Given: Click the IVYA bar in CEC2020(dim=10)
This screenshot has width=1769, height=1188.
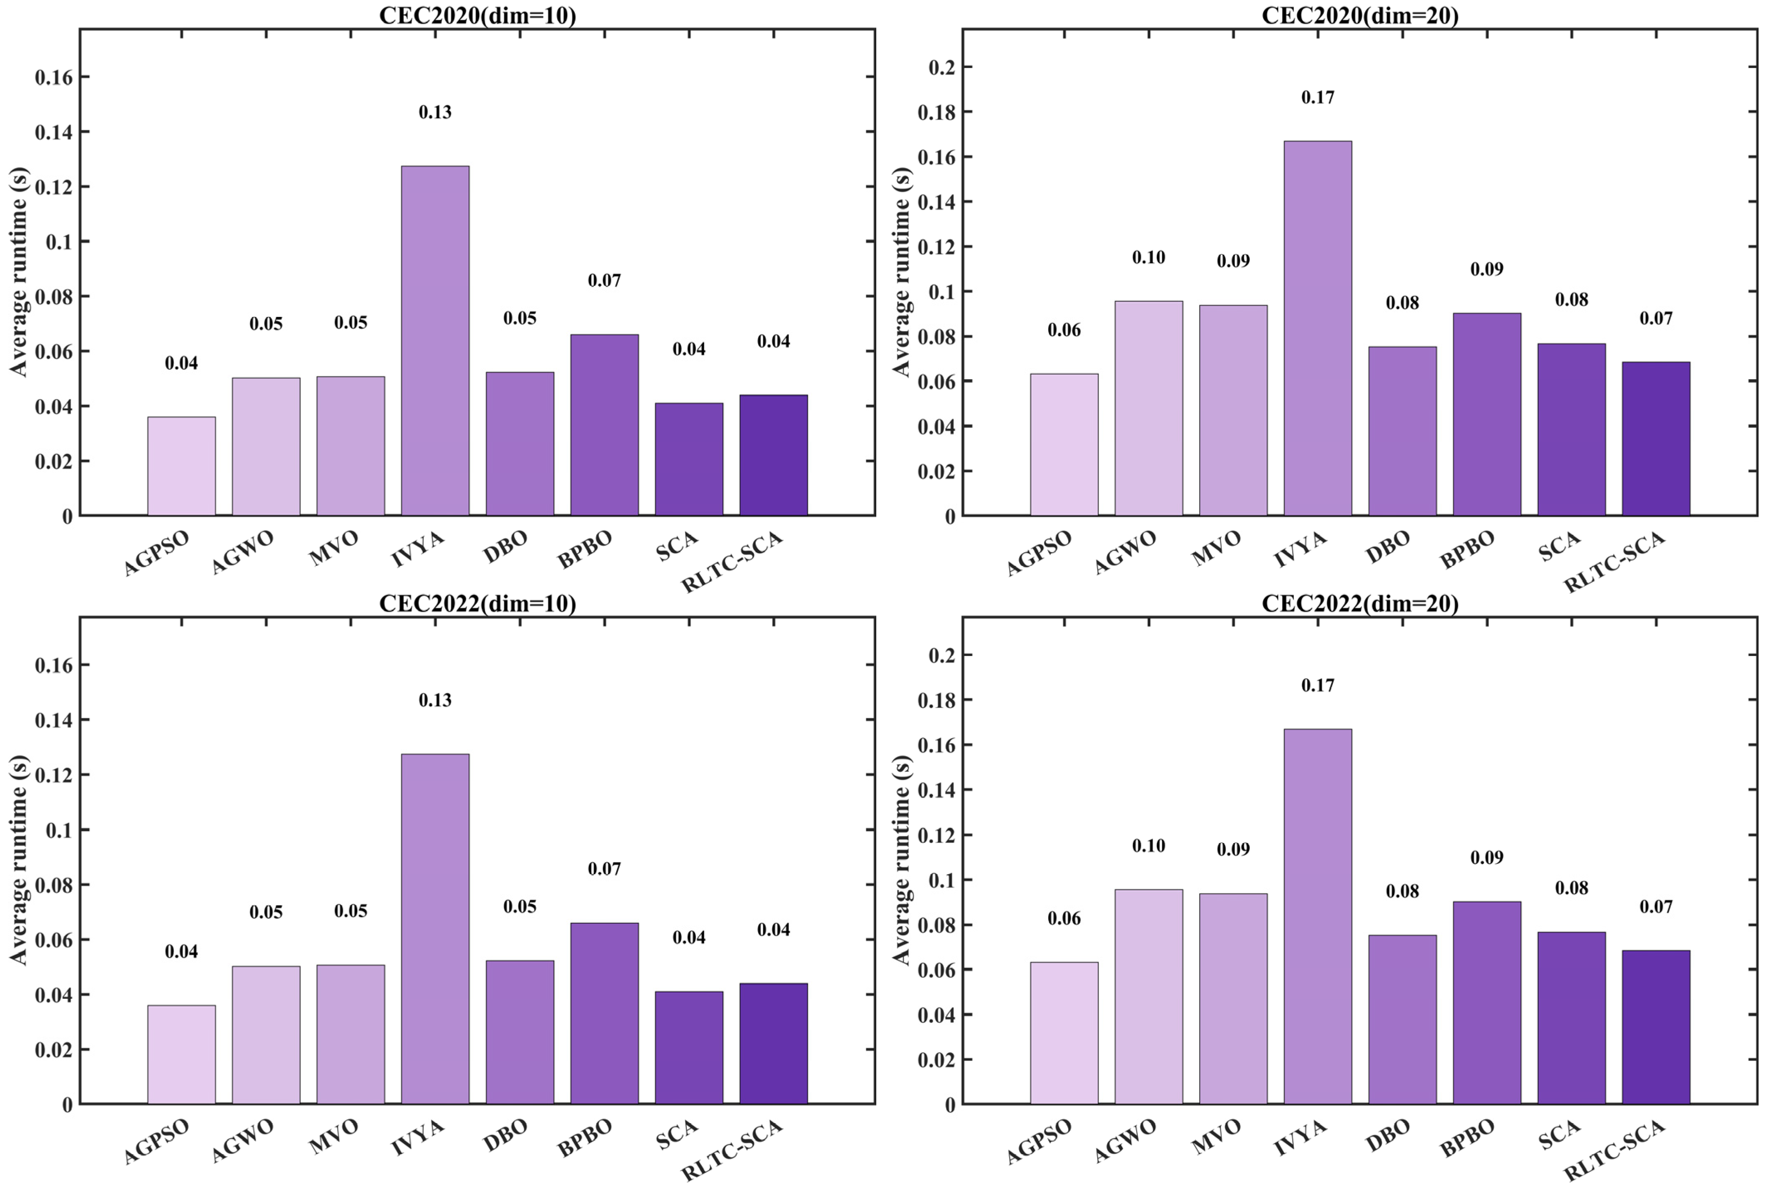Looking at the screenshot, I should (x=435, y=341).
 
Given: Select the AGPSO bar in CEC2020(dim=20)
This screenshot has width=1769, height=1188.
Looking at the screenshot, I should (x=1064, y=445).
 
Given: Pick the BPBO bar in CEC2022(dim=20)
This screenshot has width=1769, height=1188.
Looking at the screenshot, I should (x=1486, y=1003).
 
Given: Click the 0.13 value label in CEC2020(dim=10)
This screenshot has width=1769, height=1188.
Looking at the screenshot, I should (x=435, y=112).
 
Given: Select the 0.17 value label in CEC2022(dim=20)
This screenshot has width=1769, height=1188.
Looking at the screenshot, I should (x=1318, y=685).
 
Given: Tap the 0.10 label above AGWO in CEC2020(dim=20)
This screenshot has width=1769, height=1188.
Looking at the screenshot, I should (x=1149, y=258).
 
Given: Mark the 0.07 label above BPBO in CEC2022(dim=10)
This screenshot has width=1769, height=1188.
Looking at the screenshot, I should (x=604, y=869).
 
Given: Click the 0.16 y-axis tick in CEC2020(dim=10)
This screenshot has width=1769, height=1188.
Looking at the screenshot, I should (x=53, y=77).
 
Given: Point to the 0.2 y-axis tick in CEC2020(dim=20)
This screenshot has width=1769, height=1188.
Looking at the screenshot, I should (x=941, y=68).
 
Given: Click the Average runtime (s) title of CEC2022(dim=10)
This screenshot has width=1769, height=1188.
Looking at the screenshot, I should (x=18, y=859).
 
